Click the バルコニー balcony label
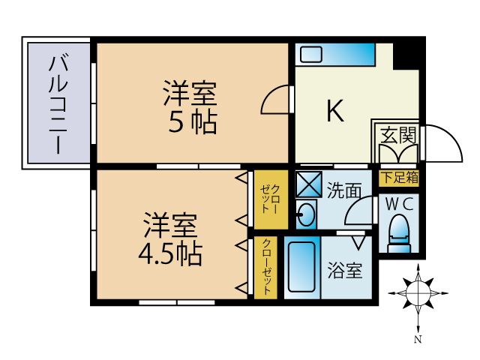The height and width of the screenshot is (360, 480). tap(58, 104)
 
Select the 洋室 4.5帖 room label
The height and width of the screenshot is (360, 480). tap(170, 240)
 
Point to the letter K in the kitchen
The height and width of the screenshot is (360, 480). tap(334, 112)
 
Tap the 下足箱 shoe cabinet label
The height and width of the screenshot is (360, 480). tap(399, 178)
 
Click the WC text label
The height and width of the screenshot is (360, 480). tap(397, 202)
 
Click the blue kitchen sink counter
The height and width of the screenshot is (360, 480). tap(334, 55)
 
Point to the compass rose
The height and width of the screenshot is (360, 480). tap(416, 292)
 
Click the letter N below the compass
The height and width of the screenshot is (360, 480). tap(417, 340)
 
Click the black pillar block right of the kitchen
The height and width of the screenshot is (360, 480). tap(408, 53)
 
